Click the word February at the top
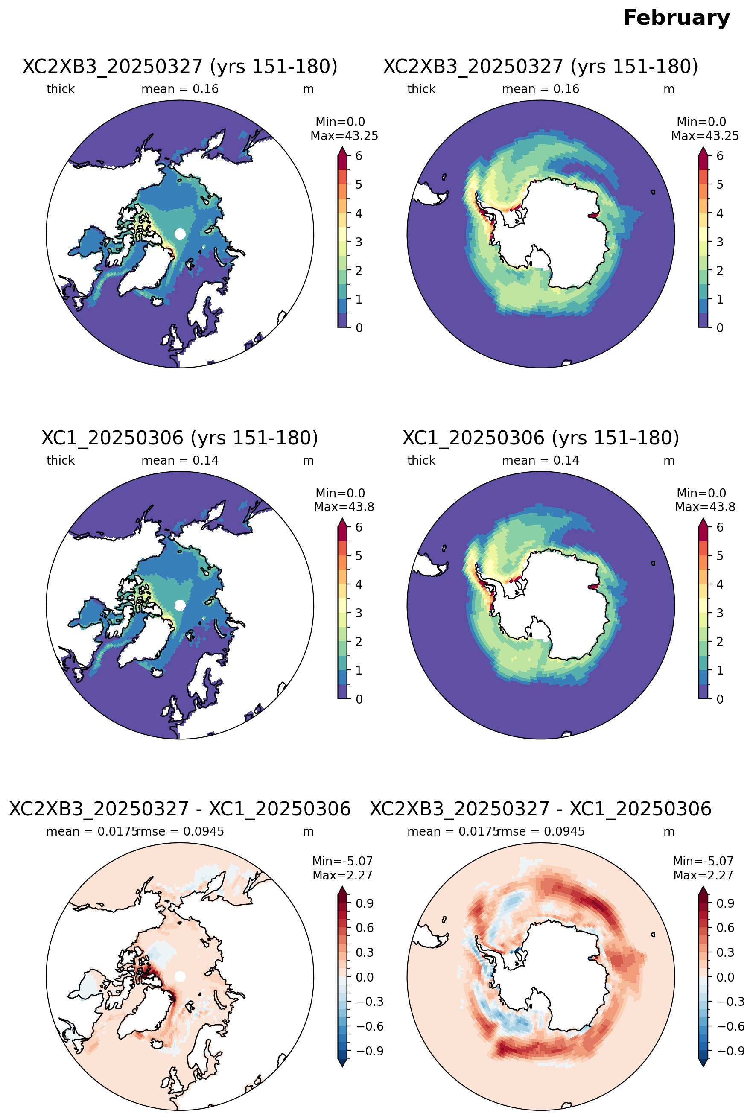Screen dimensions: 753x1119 tap(676, 18)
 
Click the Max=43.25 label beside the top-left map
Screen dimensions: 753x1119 tap(344, 136)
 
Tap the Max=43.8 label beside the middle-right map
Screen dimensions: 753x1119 tap(705, 507)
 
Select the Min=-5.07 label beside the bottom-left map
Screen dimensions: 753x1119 tap(342, 861)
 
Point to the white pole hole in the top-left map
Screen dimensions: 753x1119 tap(180, 234)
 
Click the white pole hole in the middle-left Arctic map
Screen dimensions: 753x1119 tap(180, 605)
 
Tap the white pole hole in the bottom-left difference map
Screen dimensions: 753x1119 tap(180, 976)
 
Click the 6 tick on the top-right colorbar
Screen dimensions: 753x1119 tap(719, 156)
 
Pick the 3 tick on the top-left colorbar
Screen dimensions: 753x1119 tap(359, 242)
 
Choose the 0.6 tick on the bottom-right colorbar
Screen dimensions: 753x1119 tap(725, 928)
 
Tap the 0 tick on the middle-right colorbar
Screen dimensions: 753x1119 tap(719, 699)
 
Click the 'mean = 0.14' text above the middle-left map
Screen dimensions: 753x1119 tap(180, 461)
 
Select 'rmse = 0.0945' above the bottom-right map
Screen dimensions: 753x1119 tap(541, 831)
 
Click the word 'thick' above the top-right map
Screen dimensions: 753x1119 tap(421, 89)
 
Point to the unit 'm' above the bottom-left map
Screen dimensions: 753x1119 tap(308, 832)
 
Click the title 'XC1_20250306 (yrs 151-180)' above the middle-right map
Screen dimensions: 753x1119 tap(541, 438)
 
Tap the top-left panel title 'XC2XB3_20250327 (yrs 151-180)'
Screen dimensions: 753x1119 tap(180, 66)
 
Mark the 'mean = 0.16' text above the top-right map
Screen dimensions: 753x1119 tap(541, 89)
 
